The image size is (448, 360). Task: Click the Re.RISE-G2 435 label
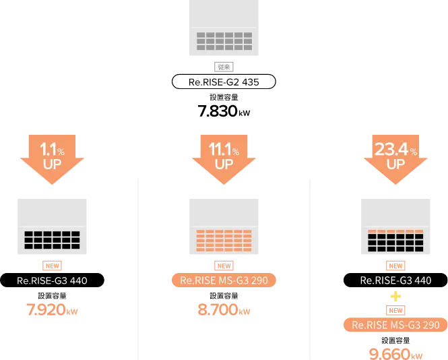(x=224, y=82)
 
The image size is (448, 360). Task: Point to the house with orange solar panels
(x=224, y=225)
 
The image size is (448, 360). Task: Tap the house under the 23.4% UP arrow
(x=395, y=225)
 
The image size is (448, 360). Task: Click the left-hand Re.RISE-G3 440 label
(x=53, y=280)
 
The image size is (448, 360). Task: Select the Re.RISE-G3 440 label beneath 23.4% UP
(x=395, y=280)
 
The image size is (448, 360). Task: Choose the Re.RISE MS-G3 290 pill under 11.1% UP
(x=224, y=280)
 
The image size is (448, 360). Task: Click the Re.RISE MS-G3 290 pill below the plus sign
(x=395, y=325)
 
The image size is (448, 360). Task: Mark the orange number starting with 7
(x=53, y=311)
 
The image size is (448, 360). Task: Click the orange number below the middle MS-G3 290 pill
(x=224, y=311)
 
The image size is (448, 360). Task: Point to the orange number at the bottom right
(x=395, y=354)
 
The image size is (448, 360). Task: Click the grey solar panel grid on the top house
(x=224, y=39)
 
